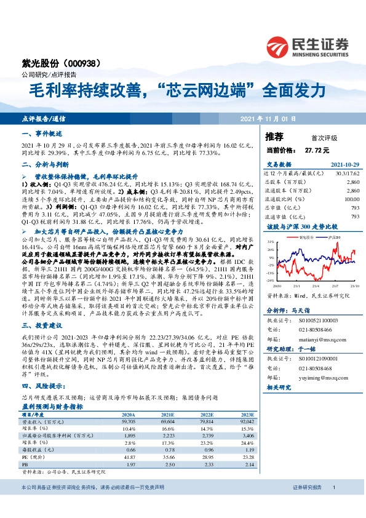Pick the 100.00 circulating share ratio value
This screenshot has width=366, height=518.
[351, 199]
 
